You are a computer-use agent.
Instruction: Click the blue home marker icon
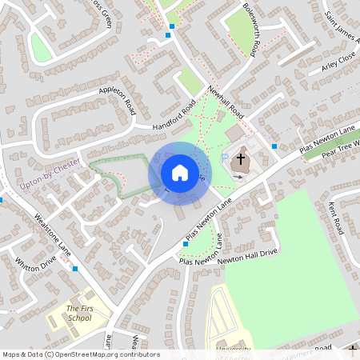[x=179, y=173]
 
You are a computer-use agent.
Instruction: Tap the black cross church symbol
[x=239, y=162]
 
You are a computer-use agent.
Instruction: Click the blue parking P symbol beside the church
[x=225, y=158]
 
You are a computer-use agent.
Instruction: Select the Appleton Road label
[x=118, y=101]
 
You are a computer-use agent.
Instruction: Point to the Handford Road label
[x=174, y=118]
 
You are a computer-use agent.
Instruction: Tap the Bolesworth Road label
[x=250, y=30]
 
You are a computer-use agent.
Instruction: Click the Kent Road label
[x=338, y=214]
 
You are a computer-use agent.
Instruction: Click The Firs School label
[x=78, y=313]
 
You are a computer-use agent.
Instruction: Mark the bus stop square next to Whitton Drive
[x=75, y=269]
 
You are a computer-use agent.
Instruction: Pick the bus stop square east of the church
[x=274, y=146]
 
